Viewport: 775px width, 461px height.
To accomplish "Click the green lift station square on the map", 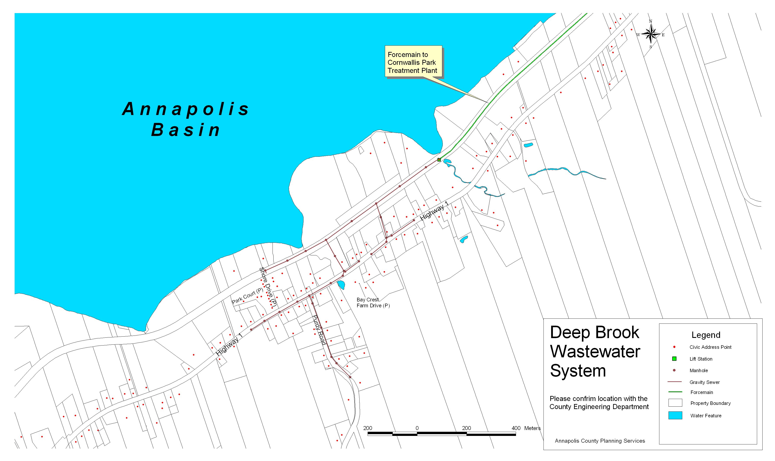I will (439, 160).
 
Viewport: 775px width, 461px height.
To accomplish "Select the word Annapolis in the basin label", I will (186, 109).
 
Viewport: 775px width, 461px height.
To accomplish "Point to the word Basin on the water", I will (186, 130).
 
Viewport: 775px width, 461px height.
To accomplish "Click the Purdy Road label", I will (319, 330).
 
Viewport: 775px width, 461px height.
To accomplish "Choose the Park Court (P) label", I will (247, 296).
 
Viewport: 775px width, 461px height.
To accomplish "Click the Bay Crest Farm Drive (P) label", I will (373, 303).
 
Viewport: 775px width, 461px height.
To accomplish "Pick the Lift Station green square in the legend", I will (674, 359).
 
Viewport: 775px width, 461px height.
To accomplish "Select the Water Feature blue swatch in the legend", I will (675, 415).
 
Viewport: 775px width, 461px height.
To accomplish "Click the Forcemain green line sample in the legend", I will (675, 392).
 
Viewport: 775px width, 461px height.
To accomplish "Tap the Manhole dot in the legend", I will (674, 370).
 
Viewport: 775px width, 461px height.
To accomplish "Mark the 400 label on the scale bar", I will (516, 428).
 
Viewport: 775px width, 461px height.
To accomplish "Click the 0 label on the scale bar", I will (417, 428).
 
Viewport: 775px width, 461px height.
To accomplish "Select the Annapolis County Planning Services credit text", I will (600, 441).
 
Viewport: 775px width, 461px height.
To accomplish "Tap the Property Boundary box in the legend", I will (675, 403).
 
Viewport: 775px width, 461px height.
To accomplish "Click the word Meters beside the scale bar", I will (532, 428).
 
